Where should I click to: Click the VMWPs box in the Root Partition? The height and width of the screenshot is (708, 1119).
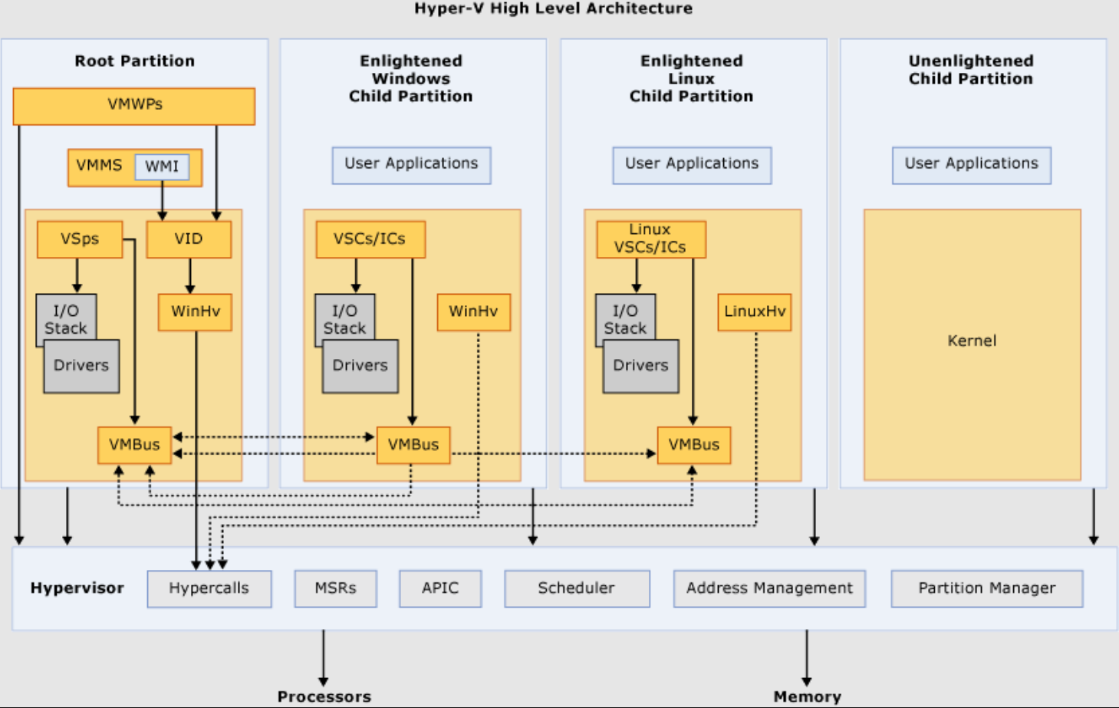click(134, 106)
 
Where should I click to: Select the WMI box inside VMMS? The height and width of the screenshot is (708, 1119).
click(162, 166)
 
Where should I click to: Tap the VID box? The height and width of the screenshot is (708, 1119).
click(189, 239)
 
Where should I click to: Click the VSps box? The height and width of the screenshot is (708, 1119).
click(80, 239)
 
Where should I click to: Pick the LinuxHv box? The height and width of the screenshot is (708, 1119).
click(755, 312)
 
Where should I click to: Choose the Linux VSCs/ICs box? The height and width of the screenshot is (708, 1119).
click(651, 239)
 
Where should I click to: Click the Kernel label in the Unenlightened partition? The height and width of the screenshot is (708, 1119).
click(973, 341)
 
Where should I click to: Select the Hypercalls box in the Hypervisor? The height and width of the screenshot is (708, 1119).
click(209, 588)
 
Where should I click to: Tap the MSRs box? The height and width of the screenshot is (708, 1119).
click(336, 588)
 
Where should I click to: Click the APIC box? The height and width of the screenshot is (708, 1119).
click(440, 588)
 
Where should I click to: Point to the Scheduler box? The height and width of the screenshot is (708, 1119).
click(578, 588)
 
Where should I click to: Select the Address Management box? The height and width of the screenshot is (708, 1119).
click(770, 588)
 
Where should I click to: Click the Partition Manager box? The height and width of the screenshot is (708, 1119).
click(987, 588)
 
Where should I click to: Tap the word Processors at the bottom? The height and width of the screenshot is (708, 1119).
click(324, 696)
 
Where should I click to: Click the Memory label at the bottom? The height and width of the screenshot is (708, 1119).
click(808, 696)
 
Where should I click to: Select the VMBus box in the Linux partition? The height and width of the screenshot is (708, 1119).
click(694, 445)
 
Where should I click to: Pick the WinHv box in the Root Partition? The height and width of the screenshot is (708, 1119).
click(196, 312)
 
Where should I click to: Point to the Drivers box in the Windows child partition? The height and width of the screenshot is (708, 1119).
click(360, 367)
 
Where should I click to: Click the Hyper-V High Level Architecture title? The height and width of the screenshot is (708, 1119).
click(554, 8)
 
